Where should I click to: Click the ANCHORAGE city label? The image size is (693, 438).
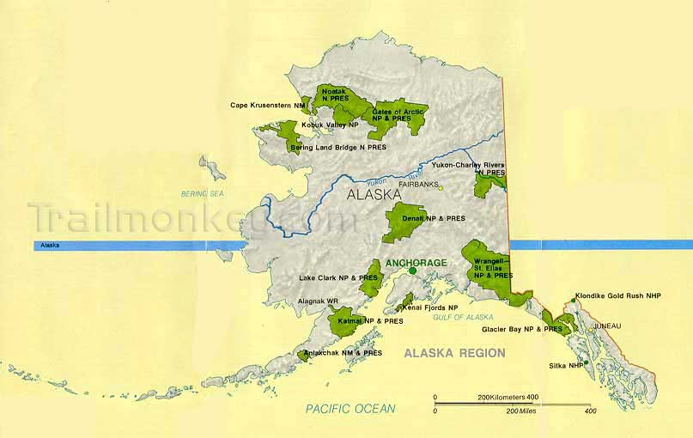(x=416, y=262)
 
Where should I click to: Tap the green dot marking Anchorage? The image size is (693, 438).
(x=412, y=271)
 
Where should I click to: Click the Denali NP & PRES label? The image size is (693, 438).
(x=434, y=218)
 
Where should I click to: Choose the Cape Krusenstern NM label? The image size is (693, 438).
(x=268, y=106)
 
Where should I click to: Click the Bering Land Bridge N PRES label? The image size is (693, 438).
(x=338, y=148)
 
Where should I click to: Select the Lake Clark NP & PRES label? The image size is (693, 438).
(x=338, y=278)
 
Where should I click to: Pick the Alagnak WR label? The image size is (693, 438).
(x=316, y=301)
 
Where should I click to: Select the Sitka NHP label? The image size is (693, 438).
(x=565, y=365)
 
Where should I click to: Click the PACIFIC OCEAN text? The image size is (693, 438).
(x=350, y=409)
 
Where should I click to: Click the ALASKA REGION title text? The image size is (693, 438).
(x=454, y=353)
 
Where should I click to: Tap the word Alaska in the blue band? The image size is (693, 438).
(x=51, y=246)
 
